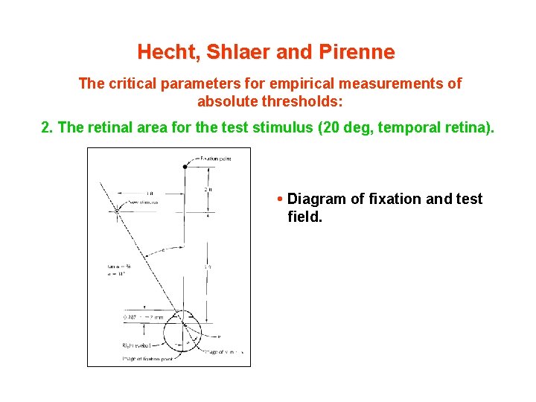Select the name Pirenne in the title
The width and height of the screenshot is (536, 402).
pyautogui.click(x=357, y=52)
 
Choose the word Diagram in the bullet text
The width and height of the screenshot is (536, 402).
pyautogui.click(x=316, y=199)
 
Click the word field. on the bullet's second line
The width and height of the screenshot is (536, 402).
pyautogui.click(x=305, y=218)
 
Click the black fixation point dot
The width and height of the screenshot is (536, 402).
pyautogui.click(x=185, y=167)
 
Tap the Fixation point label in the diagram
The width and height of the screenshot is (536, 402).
pyautogui.click(x=217, y=159)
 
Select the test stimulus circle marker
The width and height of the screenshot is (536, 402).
pyautogui.click(x=117, y=211)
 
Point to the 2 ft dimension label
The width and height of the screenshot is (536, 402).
pyautogui.click(x=208, y=191)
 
